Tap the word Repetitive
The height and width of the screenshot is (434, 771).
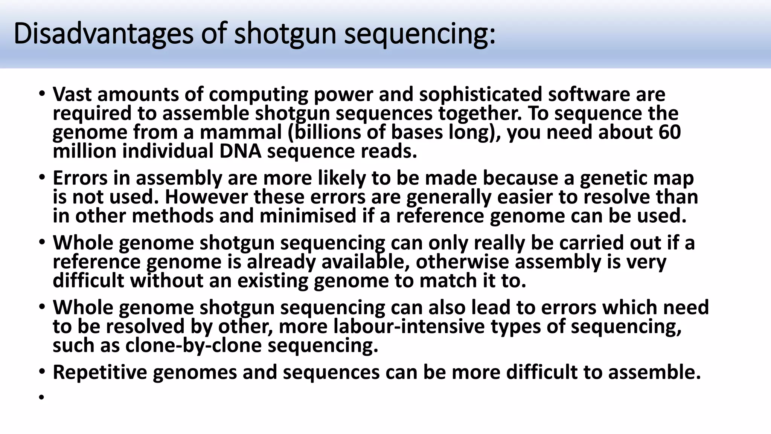point(100,372)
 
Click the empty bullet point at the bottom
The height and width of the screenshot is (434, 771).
point(41,396)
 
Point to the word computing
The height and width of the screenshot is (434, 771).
point(258,94)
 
